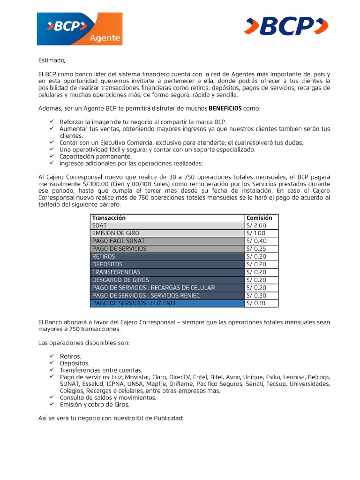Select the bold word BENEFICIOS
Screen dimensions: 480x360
click(x=225, y=108)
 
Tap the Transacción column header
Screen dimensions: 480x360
click(x=109, y=218)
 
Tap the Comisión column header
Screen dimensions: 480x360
click(x=259, y=218)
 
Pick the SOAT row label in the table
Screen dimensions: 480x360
click(x=99, y=225)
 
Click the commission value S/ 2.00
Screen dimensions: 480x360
click(x=256, y=225)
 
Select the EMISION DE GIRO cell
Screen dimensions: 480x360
click(x=115, y=233)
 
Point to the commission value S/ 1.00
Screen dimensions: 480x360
click(x=256, y=233)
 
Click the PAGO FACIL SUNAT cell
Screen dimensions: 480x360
click(x=118, y=241)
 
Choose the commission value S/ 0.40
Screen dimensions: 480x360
click(x=256, y=241)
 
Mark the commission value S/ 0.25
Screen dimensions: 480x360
click(x=256, y=249)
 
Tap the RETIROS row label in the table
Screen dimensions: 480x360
click(x=104, y=256)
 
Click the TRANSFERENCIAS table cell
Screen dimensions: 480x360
click(x=116, y=272)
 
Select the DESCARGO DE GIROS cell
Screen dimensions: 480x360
click(x=120, y=280)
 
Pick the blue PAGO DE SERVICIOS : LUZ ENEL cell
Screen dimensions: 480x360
click(x=135, y=303)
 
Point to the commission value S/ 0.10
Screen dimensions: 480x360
click(x=256, y=303)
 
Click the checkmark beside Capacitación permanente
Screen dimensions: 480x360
click(x=52, y=156)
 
